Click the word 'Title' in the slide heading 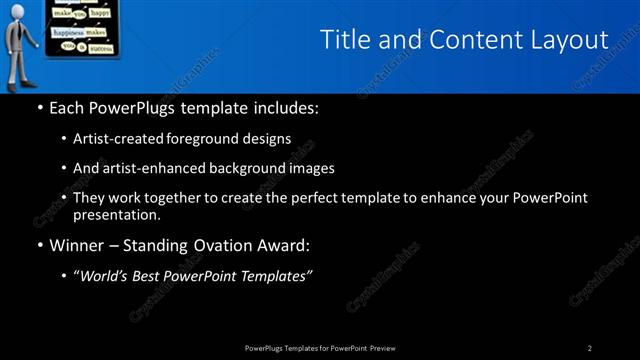[344, 39]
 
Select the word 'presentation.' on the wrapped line [116, 214]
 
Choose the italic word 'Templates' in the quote [275, 277]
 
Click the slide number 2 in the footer [590, 348]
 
